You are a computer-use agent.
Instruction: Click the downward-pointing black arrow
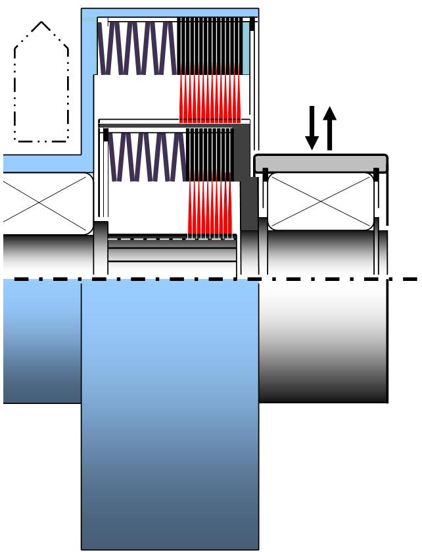pos(313,130)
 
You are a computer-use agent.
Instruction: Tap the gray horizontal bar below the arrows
pos(321,162)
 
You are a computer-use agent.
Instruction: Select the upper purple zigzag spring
pos(137,47)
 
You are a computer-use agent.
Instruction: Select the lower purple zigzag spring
pos(145,157)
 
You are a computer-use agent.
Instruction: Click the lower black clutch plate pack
pos(210,155)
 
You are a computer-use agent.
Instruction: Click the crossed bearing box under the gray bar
pos(320,201)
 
